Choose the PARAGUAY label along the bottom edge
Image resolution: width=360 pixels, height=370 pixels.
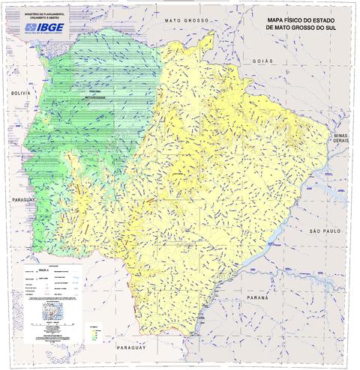point(129,349)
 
